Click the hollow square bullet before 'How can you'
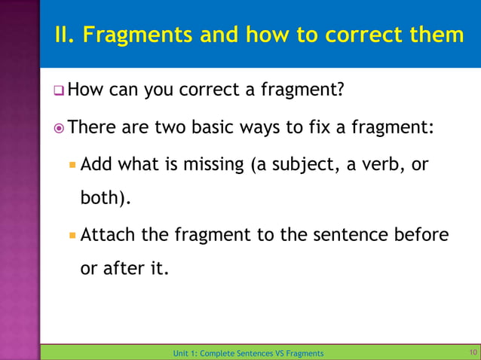57,92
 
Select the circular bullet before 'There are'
57,128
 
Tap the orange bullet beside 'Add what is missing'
72,163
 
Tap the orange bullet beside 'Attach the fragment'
72,234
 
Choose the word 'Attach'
108,234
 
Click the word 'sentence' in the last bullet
351,234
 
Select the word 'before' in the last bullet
422,234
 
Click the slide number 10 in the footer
473,352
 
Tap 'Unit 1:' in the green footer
185,353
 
